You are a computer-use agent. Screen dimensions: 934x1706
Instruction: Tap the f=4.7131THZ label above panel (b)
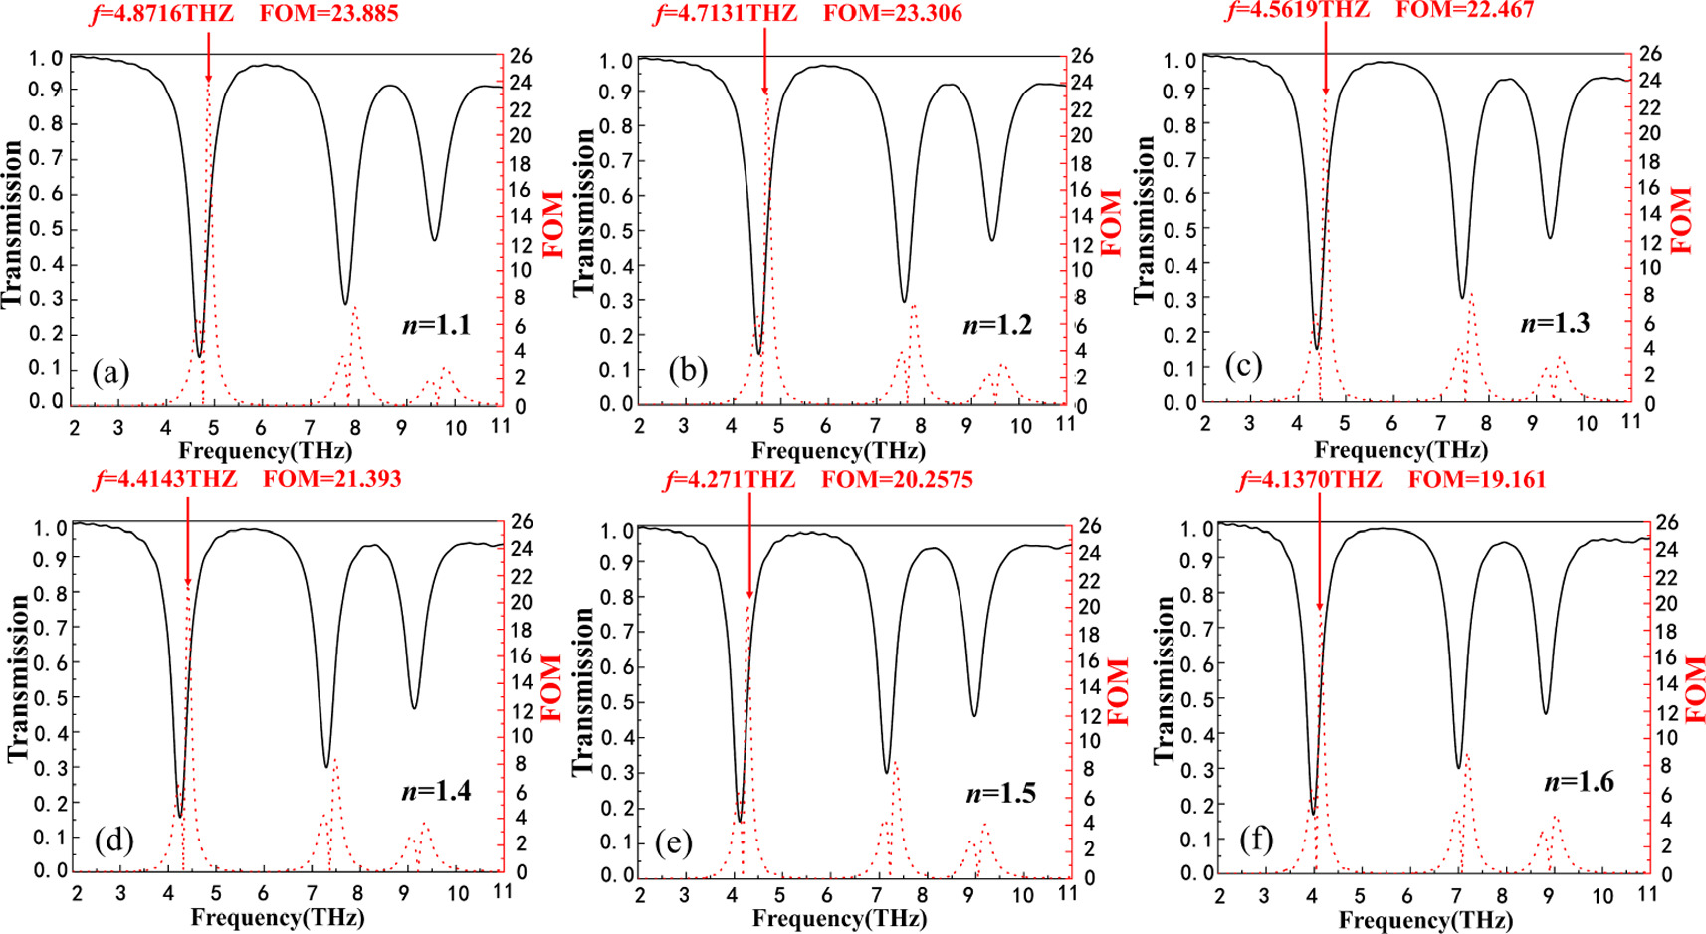pyautogui.click(x=726, y=14)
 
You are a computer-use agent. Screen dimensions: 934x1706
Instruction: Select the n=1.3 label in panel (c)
pyautogui.click(x=1554, y=323)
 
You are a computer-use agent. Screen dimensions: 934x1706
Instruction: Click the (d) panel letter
pyautogui.click(x=112, y=841)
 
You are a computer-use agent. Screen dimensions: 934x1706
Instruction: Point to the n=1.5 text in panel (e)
pyautogui.click(x=1000, y=793)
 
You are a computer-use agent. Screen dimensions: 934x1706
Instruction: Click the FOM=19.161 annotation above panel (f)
pyautogui.click(x=1477, y=480)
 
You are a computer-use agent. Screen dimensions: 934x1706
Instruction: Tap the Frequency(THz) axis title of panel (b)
pyautogui.click(x=838, y=451)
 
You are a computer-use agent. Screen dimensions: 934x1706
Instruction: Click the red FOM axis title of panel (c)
pyautogui.click(x=1682, y=219)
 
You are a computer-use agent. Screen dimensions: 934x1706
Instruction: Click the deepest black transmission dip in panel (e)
pyautogui.click(x=740, y=820)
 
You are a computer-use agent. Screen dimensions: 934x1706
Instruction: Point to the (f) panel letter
pyautogui.click(x=1256, y=840)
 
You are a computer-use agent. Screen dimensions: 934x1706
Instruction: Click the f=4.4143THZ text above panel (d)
pyautogui.click(x=165, y=480)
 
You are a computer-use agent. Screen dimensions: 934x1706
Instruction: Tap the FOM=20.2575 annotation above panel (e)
pyautogui.click(x=897, y=480)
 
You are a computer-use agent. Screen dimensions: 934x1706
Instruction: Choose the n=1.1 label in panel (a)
pyautogui.click(x=436, y=325)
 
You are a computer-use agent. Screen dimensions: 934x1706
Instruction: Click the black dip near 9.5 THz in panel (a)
pyautogui.click(x=434, y=239)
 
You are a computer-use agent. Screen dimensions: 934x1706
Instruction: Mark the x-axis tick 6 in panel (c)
pyautogui.click(x=1391, y=423)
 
